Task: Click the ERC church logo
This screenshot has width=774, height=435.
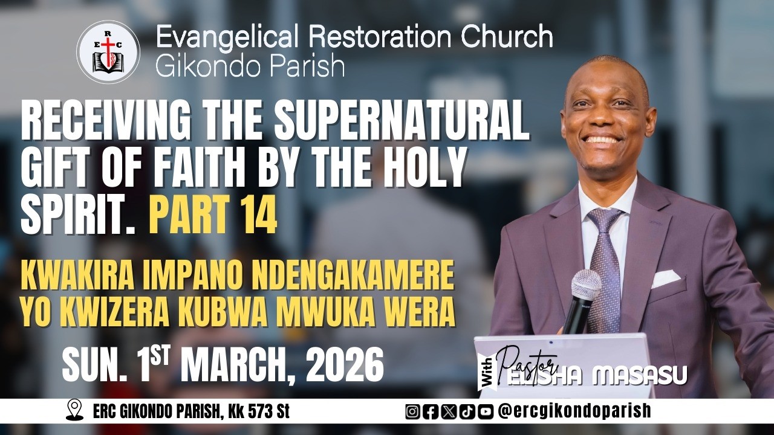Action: tap(108, 52)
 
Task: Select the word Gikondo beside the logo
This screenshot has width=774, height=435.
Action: tap(200, 66)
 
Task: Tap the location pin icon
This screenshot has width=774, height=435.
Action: tap(74, 411)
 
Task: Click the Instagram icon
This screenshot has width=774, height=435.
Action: tap(412, 411)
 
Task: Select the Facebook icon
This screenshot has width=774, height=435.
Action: tap(431, 411)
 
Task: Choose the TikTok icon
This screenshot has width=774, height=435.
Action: tap(467, 411)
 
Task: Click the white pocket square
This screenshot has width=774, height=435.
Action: tap(665, 278)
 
